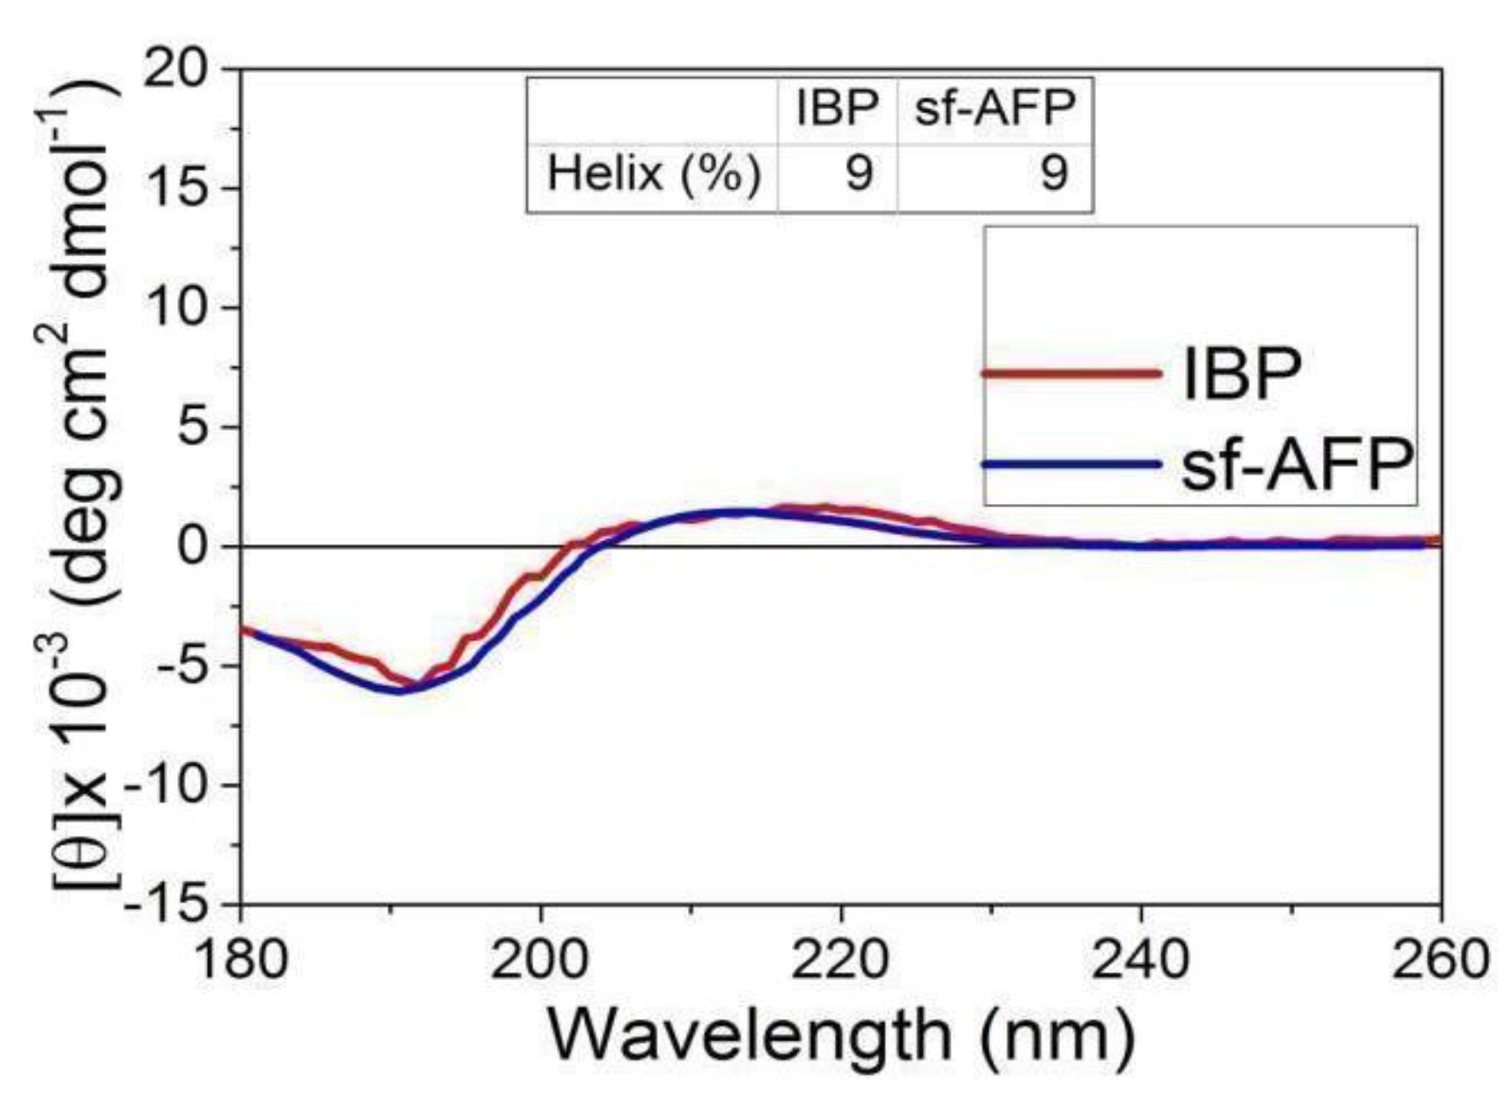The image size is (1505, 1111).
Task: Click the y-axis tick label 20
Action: pos(177,68)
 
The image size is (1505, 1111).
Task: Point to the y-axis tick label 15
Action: pos(177,187)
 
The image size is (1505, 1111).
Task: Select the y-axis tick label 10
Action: pos(177,307)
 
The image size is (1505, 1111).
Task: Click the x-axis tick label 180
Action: pos(241,958)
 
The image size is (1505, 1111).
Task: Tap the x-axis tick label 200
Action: pos(540,958)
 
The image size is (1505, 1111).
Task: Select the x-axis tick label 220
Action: pos(840,958)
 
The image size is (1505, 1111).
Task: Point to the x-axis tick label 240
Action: pos(1140,958)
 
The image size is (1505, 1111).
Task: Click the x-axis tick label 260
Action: pos(1439,958)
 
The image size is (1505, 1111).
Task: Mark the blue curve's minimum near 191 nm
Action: pos(401,692)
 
